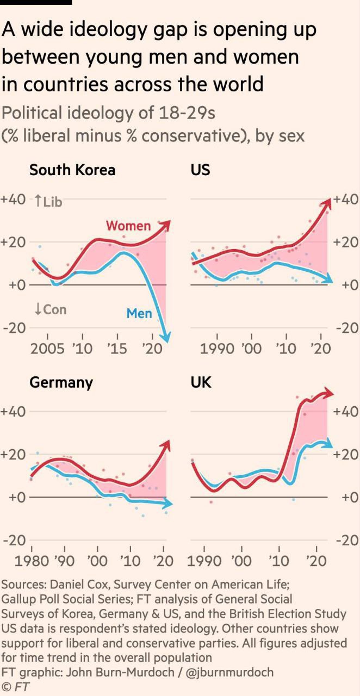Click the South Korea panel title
point(72,170)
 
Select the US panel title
point(200,170)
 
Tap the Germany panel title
point(61,382)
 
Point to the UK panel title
point(201,382)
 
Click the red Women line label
point(128,225)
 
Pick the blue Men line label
point(139,313)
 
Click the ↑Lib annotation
point(48,202)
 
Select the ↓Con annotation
point(50,309)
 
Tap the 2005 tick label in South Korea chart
point(48,349)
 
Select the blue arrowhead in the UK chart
point(328,444)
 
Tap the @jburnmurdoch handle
point(228,672)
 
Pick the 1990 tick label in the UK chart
point(205,561)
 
